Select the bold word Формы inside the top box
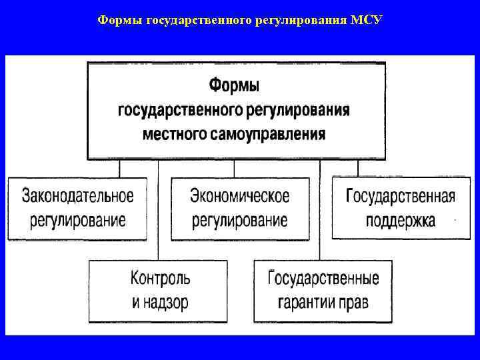(235, 85)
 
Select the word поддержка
(401, 220)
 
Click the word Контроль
(160, 277)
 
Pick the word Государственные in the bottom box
(323, 277)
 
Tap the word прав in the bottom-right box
(354, 302)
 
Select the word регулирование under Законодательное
(77, 220)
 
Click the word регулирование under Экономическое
(240, 220)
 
